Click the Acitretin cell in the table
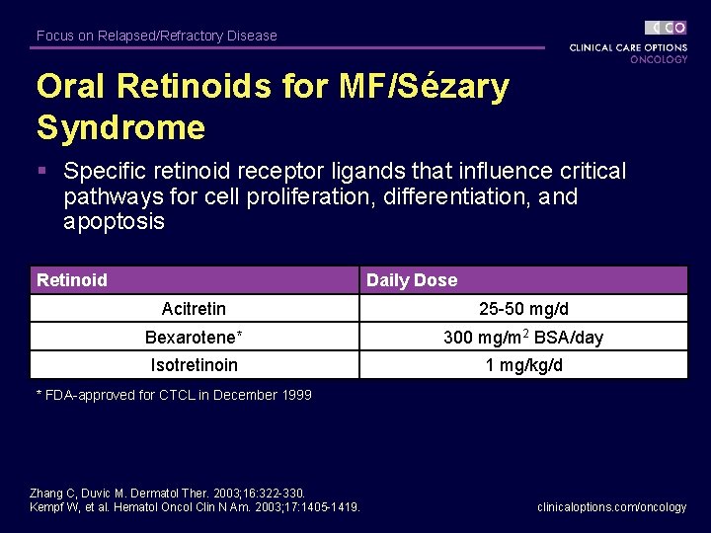(x=194, y=309)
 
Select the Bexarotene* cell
(x=194, y=337)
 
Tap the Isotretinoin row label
(x=194, y=365)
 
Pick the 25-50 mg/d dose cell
(x=523, y=309)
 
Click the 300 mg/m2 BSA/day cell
(x=523, y=337)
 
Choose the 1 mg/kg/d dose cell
(x=523, y=365)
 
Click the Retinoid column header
(x=72, y=280)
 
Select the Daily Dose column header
(x=412, y=280)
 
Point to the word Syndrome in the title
(x=120, y=127)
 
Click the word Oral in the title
(x=71, y=87)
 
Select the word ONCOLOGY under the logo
(x=659, y=59)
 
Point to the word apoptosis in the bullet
(x=114, y=221)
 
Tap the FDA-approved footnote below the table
(x=174, y=395)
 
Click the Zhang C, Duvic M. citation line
(x=168, y=493)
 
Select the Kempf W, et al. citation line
(x=195, y=506)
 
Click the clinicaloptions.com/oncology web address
(x=611, y=506)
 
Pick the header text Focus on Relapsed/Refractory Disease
(x=157, y=36)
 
